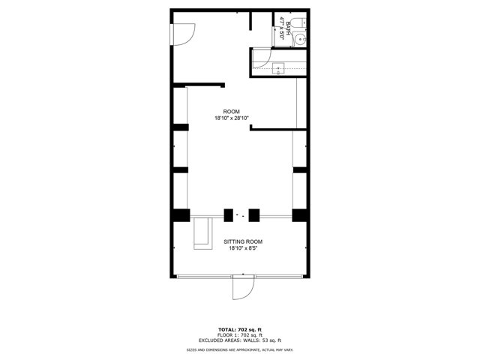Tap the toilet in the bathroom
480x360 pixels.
pos(298,22)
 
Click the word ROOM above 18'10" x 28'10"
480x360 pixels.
pos(231,111)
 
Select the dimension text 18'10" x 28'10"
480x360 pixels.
pos(231,118)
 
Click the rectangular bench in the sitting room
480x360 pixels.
pos(201,233)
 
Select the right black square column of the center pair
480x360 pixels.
pos(253,214)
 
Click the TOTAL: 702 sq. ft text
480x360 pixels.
pos(240,329)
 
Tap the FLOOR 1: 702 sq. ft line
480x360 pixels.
pos(240,334)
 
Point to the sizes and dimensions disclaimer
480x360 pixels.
pos(240,350)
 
